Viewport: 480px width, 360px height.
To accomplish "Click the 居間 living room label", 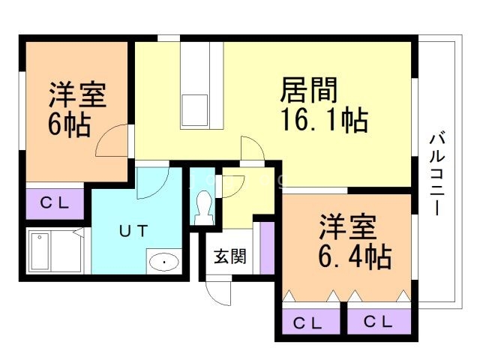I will [310, 91].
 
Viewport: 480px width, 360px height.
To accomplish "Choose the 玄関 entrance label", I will [229, 256].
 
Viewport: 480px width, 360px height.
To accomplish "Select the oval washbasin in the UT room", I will [163, 262].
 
